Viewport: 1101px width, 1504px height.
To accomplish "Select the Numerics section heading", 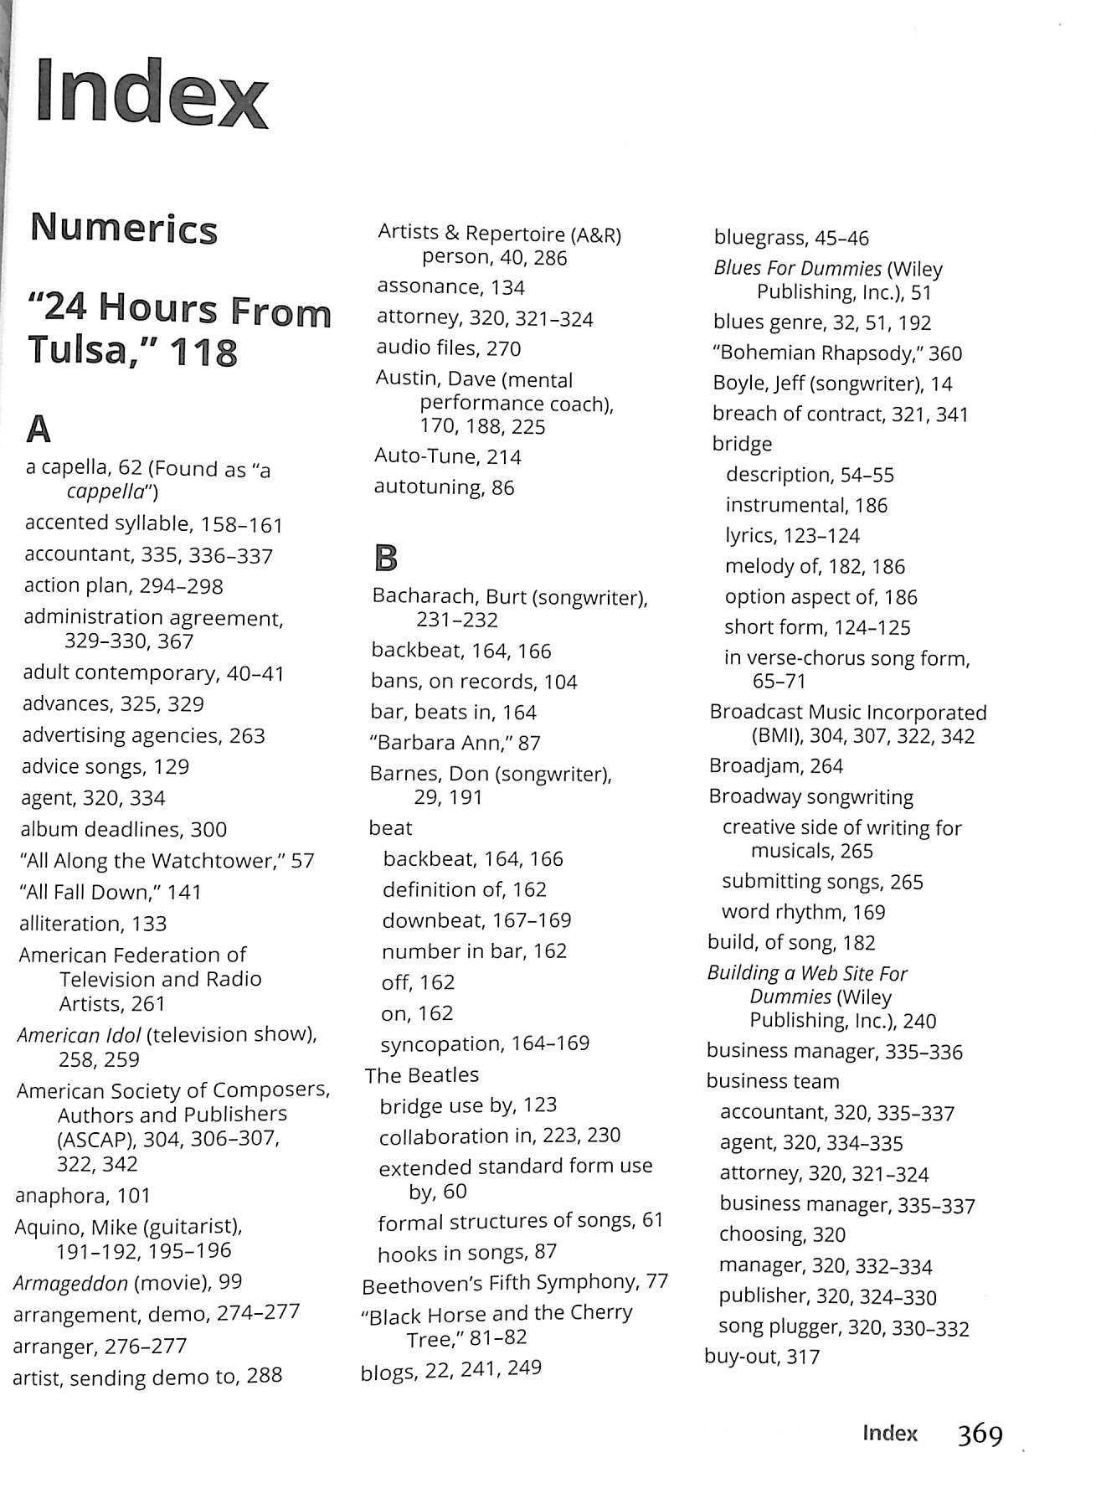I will (124, 229).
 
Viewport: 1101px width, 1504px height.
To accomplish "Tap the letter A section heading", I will (39, 430).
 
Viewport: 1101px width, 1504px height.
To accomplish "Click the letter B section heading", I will (385, 558).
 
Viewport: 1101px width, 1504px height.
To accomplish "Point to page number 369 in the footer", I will (980, 1434).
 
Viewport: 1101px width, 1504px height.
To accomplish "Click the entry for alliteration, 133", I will (93, 924).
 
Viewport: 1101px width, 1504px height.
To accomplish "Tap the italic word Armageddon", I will (70, 1283).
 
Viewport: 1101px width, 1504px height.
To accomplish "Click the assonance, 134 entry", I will (450, 287).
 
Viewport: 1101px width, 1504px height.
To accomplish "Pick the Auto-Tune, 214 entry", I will (447, 457).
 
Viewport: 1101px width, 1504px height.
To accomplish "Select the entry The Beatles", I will (421, 1075).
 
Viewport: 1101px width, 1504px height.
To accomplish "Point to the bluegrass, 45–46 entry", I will (791, 239).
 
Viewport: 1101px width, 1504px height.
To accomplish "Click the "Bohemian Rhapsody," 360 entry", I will (836, 353).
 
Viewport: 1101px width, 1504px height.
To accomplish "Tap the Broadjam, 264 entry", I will (775, 766).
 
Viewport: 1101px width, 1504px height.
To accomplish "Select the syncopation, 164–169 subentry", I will (485, 1044).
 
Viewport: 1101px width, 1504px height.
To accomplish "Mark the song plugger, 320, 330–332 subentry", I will (843, 1327).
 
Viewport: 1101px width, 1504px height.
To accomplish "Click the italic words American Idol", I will (79, 1035).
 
